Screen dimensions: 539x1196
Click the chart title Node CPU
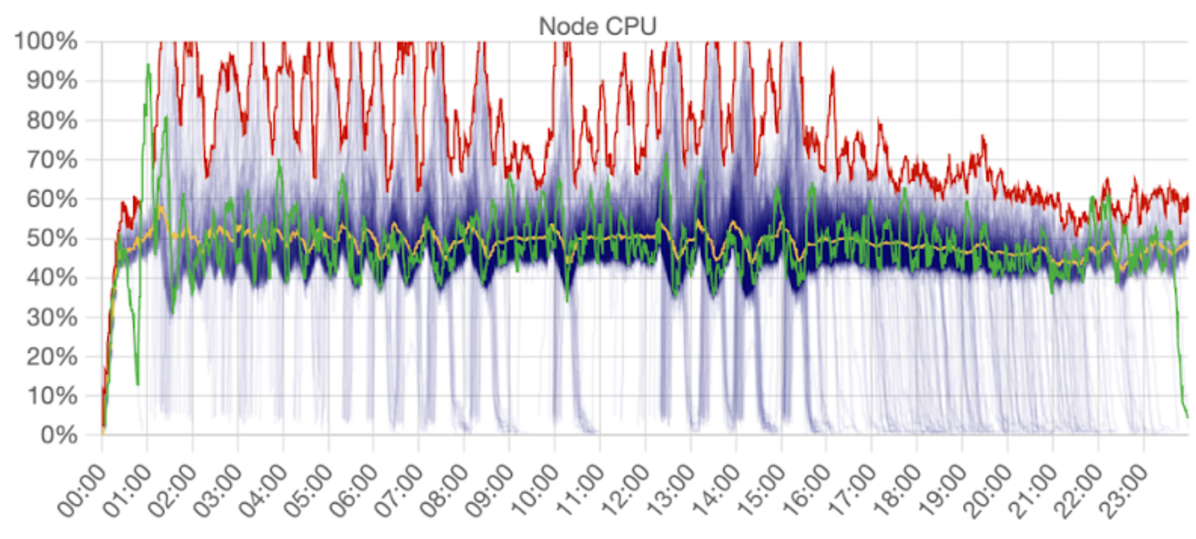point(597,26)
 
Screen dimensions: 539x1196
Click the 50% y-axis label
point(52,238)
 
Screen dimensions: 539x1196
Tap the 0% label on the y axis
point(59,435)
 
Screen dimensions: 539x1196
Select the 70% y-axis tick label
point(52,160)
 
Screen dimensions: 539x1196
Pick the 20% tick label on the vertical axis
point(52,356)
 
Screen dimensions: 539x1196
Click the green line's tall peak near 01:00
point(148,65)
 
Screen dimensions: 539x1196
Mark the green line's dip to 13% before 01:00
point(137,383)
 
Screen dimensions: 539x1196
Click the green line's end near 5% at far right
point(1186,416)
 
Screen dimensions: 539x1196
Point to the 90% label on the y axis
point(52,81)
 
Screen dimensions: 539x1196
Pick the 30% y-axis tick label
point(52,317)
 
